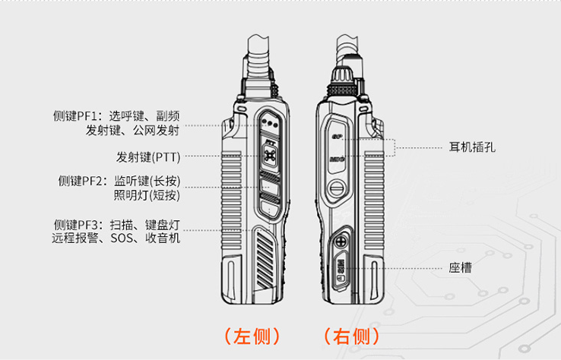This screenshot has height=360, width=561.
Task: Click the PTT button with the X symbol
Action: pyautogui.click(x=270, y=156)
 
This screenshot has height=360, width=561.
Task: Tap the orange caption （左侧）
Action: pyautogui.click(x=252, y=336)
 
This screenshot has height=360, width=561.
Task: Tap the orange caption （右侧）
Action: pyautogui.click(x=351, y=336)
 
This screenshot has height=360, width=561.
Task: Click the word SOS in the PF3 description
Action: pyautogui.click(x=122, y=238)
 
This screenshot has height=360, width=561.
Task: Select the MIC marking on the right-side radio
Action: pyautogui.click(x=339, y=159)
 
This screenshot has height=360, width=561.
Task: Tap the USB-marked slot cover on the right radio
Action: pyautogui.click(x=340, y=268)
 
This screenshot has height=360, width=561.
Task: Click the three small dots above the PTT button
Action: pyautogui.click(x=269, y=122)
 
